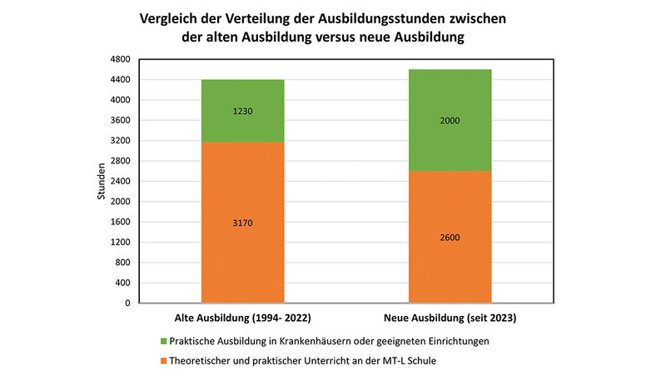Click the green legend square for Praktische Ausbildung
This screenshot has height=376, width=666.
tap(163, 341)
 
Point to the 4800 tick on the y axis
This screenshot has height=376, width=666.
tap(122, 59)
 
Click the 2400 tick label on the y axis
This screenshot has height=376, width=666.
tap(122, 181)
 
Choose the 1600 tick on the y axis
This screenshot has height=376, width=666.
tap(122, 222)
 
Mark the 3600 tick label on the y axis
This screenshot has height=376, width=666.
tap(122, 120)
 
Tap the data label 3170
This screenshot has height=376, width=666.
tap(241, 223)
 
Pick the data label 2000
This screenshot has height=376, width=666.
tap(450, 121)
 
